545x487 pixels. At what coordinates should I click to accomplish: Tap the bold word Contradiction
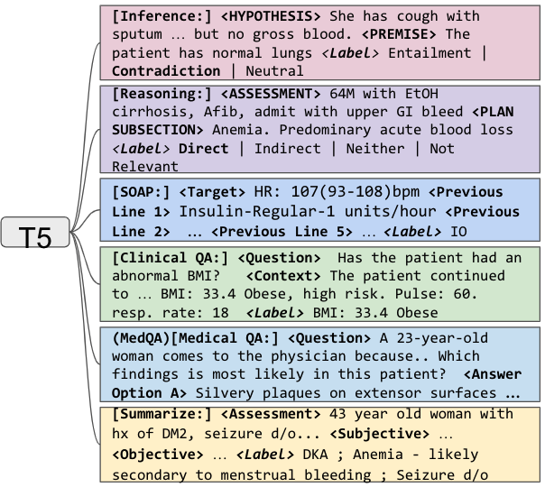[x=165, y=70]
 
